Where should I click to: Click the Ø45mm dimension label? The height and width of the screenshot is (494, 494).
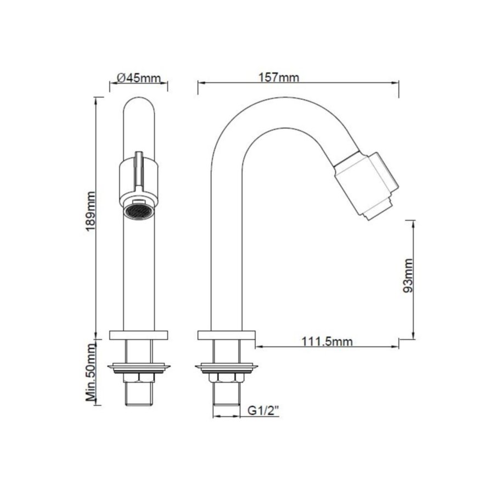[139, 78]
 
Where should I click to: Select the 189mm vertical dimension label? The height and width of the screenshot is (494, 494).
[91, 211]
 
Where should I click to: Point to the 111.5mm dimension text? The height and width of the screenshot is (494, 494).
[327, 342]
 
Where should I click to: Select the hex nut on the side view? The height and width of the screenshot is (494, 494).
[225, 378]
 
